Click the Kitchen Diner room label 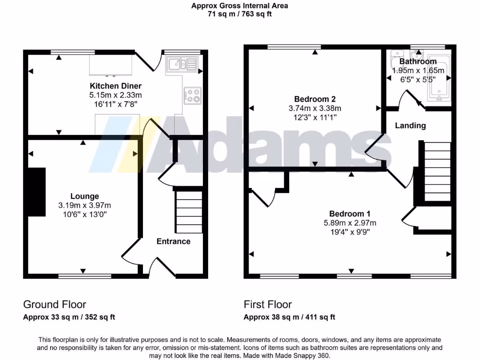pos(115,86)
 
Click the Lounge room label pos(84,196)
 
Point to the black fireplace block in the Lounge pos(36,192)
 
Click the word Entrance pos(173,241)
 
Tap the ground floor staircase pos(189,212)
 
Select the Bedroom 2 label pos(315,99)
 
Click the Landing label pos(410,126)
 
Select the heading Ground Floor pos(54,305)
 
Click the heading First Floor pos(268,305)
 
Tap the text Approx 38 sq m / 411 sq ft pos(289,317)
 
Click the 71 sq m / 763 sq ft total pos(240,14)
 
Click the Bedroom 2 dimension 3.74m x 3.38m pos(315,108)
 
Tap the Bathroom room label pos(418,61)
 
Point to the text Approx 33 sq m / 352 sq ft pos(69,317)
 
